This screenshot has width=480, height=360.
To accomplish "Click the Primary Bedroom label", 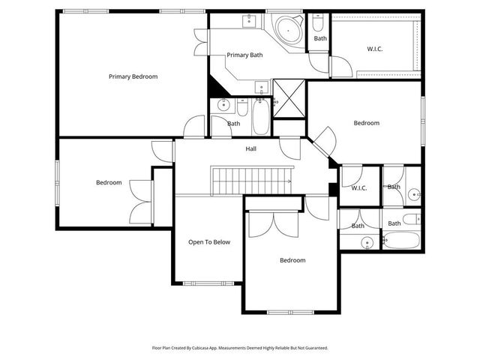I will (133, 76).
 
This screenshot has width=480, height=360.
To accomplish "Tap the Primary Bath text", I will (244, 55).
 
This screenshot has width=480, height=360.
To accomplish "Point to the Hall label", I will (250, 148).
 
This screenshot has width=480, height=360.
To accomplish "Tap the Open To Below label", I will (209, 242).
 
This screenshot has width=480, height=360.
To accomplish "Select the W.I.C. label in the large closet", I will (376, 49).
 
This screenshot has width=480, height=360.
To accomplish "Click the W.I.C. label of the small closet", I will (359, 187).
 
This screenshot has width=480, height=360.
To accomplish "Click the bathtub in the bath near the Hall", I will (259, 118).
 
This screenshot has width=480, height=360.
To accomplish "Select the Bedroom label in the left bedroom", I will (109, 182).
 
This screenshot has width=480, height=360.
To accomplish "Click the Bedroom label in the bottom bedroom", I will (292, 260).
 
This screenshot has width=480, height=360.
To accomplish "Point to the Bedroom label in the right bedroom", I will (367, 123).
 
